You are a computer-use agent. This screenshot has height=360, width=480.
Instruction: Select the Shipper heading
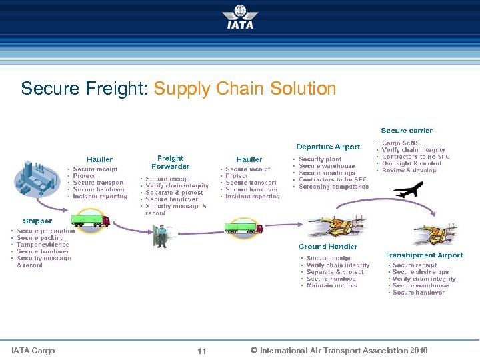tap(37, 221)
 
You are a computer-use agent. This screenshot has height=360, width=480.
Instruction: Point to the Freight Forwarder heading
tap(170, 162)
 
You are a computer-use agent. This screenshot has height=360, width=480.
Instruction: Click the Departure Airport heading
tap(328, 147)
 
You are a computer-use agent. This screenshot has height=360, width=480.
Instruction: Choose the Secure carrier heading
tap(407, 131)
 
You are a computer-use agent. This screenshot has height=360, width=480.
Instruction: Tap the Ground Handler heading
tap(328, 247)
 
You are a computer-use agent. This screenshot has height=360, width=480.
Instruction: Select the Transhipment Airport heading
tap(423, 255)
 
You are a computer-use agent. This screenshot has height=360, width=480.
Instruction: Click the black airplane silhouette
tap(408, 190)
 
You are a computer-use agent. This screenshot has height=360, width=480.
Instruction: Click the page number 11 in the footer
tap(202, 351)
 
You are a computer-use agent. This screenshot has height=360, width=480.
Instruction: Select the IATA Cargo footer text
tap(33, 351)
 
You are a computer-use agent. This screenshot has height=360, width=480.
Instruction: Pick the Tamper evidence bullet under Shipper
tap(43, 245)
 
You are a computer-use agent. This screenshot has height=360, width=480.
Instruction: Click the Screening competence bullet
tap(333, 187)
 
